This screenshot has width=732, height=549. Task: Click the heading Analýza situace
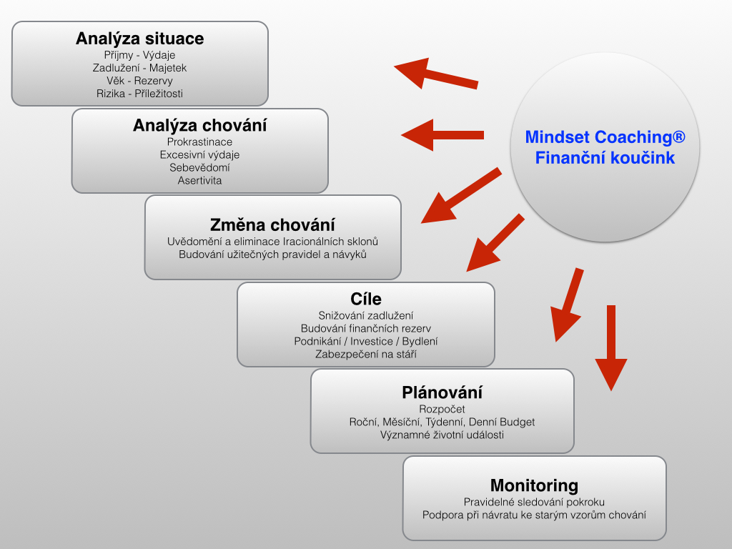(x=139, y=39)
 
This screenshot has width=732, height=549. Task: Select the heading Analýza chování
(x=200, y=126)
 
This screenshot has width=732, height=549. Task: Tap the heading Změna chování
(x=272, y=225)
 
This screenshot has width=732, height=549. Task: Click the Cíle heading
(x=366, y=299)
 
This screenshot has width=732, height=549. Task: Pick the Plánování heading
(x=442, y=392)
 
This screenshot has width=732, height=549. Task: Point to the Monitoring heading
(x=534, y=485)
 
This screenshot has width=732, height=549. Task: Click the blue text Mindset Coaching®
(x=605, y=137)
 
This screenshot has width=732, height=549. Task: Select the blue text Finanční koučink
(x=605, y=158)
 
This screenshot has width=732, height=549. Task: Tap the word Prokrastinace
(x=200, y=142)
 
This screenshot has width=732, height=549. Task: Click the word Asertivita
(x=200, y=181)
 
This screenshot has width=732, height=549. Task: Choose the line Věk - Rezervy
(x=139, y=81)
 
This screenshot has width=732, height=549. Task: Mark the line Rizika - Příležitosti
(x=139, y=94)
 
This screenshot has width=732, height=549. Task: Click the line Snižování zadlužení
(x=366, y=315)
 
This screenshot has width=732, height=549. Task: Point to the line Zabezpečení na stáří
(x=366, y=355)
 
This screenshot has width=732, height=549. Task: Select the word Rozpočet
(x=442, y=410)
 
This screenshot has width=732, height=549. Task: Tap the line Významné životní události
(x=442, y=435)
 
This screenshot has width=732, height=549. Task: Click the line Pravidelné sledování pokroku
(x=534, y=503)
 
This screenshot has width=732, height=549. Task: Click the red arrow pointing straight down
(x=611, y=348)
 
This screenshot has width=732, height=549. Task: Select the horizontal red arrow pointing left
(x=442, y=135)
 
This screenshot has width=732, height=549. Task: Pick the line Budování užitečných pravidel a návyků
(x=272, y=255)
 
